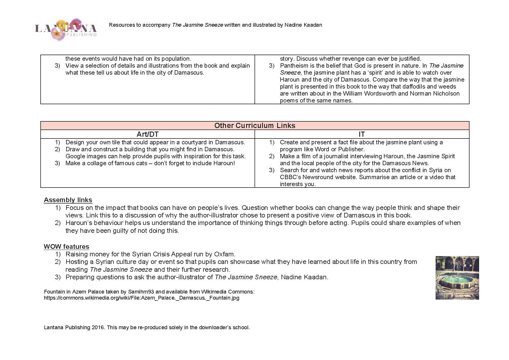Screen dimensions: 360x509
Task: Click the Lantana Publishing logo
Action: click(x=66, y=29)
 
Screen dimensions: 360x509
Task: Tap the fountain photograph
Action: click(x=457, y=278)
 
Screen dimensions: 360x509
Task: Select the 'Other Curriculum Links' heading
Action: click(x=255, y=125)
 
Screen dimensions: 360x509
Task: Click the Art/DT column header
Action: click(x=147, y=134)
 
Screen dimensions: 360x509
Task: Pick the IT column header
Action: click(x=362, y=134)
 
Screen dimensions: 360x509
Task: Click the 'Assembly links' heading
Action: click(x=68, y=200)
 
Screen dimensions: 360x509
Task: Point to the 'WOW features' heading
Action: click(x=66, y=246)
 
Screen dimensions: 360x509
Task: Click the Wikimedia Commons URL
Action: click(x=142, y=298)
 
